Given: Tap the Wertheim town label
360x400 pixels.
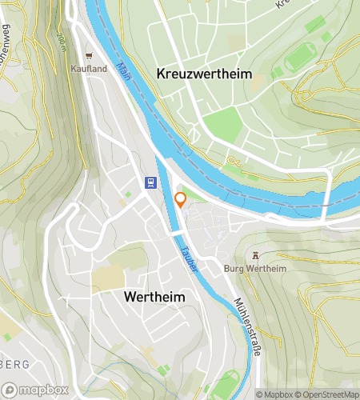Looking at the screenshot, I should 154,297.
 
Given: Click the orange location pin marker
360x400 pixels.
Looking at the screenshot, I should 181,199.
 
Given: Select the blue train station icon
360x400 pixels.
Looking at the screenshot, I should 150,182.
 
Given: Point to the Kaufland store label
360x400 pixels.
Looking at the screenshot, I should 89,69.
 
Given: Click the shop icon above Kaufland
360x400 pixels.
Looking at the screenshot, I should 89,57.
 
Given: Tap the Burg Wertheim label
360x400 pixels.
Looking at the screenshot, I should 255,267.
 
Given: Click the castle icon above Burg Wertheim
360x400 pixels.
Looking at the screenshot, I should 255,255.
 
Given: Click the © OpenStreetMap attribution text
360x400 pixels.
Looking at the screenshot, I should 328,394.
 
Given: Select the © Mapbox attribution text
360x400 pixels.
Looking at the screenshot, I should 274,394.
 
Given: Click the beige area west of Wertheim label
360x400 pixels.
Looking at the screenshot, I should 109,278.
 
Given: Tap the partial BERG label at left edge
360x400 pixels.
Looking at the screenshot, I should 14,364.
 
